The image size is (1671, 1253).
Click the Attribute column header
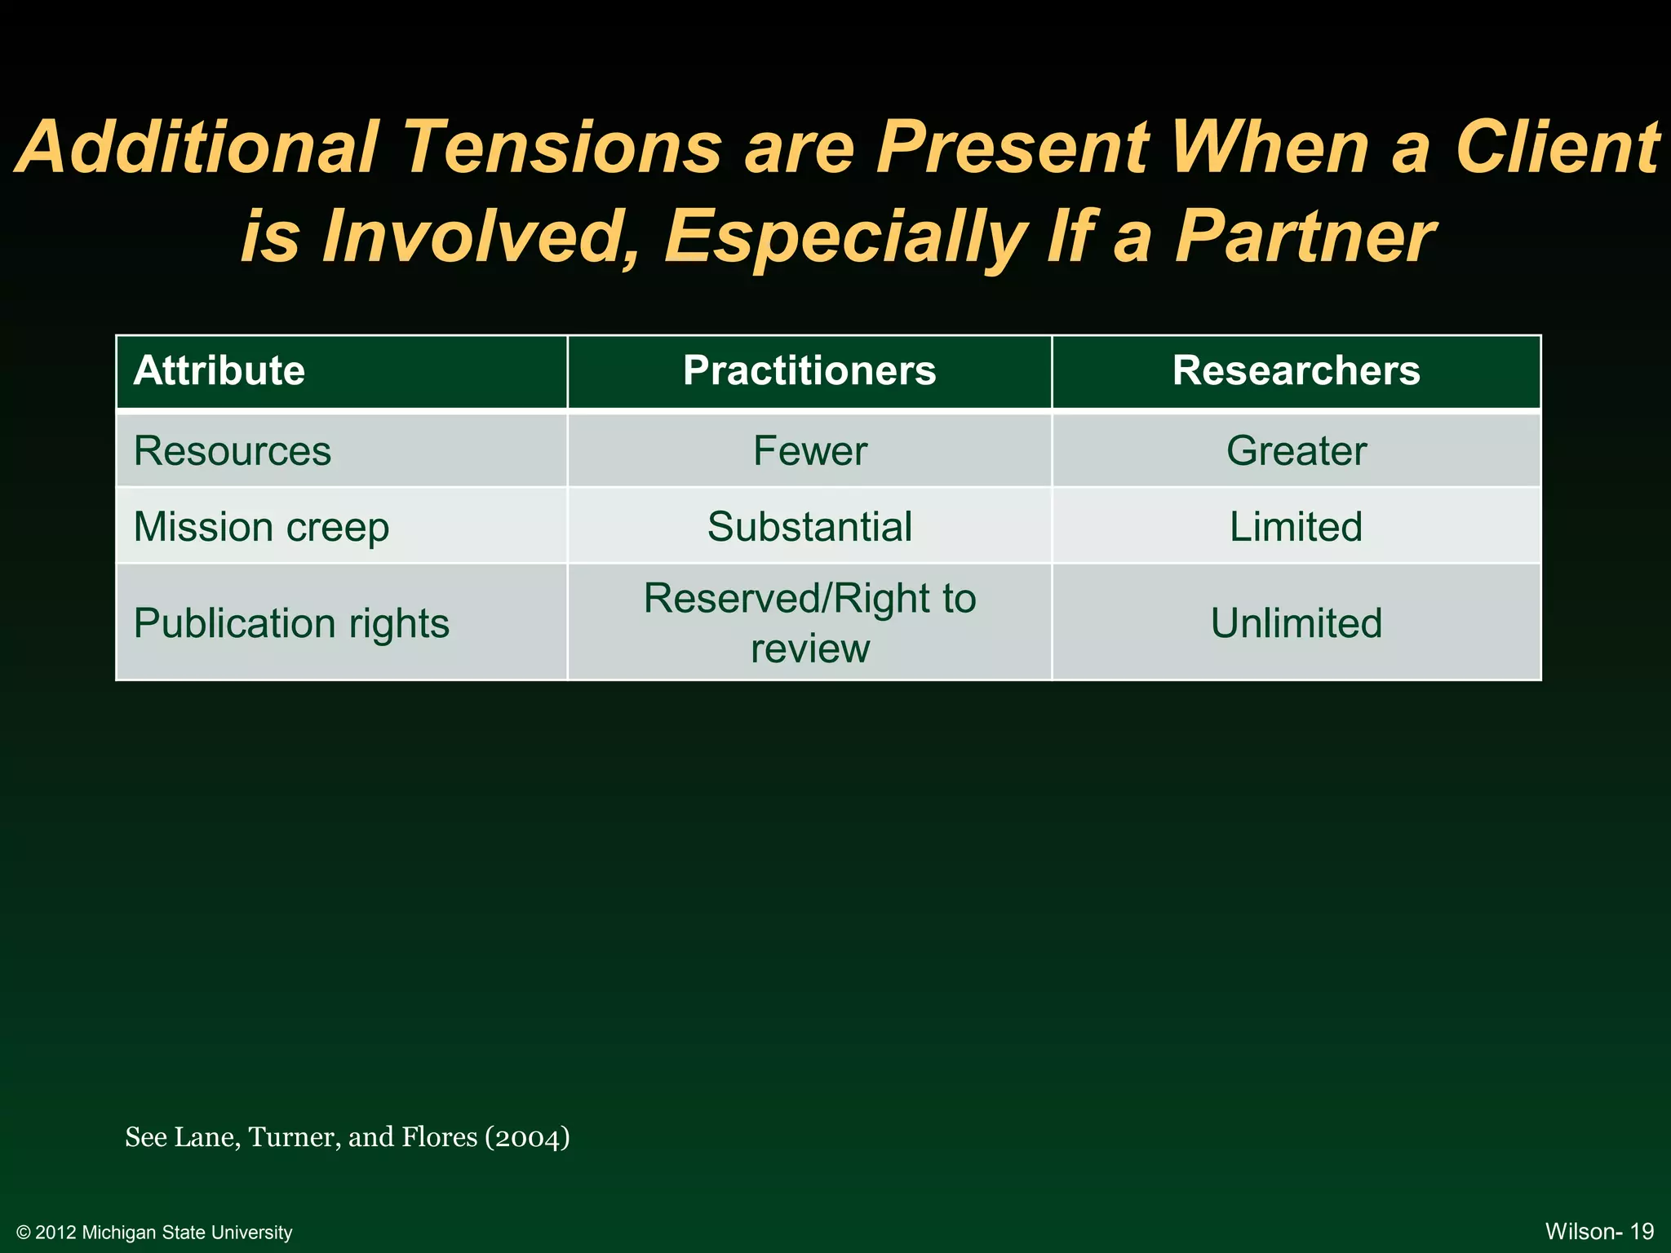click(x=219, y=371)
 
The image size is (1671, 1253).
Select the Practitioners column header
click(x=809, y=371)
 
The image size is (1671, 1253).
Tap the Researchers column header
click(x=1296, y=371)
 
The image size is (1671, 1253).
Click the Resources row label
click(x=233, y=451)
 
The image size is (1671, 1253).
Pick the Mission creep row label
click(x=261, y=527)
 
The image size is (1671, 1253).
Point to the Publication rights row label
click(x=291, y=623)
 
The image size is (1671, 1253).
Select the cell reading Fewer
click(x=809, y=451)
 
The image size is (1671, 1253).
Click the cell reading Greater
click(x=1296, y=451)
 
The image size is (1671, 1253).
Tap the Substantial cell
click(x=809, y=527)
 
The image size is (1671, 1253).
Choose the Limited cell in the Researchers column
click(x=1296, y=527)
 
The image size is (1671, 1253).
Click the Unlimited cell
click(x=1296, y=623)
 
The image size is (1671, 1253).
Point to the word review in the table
click(x=809, y=649)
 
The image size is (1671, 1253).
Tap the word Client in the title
click(x=1557, y=148)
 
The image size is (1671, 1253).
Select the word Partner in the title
click(x=1303, y=237)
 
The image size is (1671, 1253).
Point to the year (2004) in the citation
click(x=527, y=1137)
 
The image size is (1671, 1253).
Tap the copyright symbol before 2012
click(x=24, y=1233)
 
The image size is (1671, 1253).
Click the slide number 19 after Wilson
click(x=1642, y=1231)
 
